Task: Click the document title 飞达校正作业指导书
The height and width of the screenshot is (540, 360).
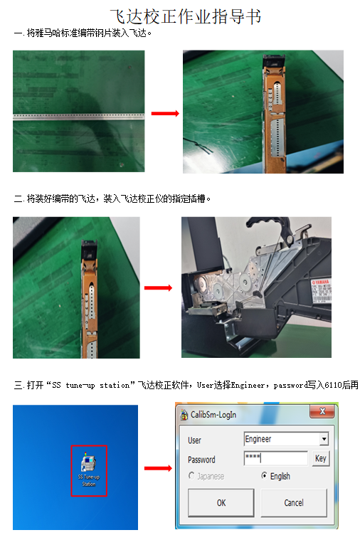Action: pos(180,16)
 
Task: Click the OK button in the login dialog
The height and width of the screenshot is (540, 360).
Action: pos(221,502)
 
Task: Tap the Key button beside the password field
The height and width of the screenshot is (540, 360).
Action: pos(321,458)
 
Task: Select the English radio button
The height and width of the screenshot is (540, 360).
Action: pos(265,476)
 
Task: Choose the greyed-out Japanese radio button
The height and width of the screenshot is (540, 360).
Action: pos(191,476)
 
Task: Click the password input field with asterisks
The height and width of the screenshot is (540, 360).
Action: pos(275,458)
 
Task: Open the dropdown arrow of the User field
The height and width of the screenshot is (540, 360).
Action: pos(324,440)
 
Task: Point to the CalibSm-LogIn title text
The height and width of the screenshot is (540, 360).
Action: pos(213,414)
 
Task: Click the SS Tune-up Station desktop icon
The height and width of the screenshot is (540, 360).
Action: pos(89,470)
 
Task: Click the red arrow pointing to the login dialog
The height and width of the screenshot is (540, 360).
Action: pos(159,468)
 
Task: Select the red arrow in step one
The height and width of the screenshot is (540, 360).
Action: pos(164,113)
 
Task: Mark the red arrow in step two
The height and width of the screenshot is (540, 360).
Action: pos(159,287)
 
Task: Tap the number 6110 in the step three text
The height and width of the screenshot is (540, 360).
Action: pos(325,385)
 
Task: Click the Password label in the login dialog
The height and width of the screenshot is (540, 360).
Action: pos(201,459)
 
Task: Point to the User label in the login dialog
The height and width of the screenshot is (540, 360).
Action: pos(194,440)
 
